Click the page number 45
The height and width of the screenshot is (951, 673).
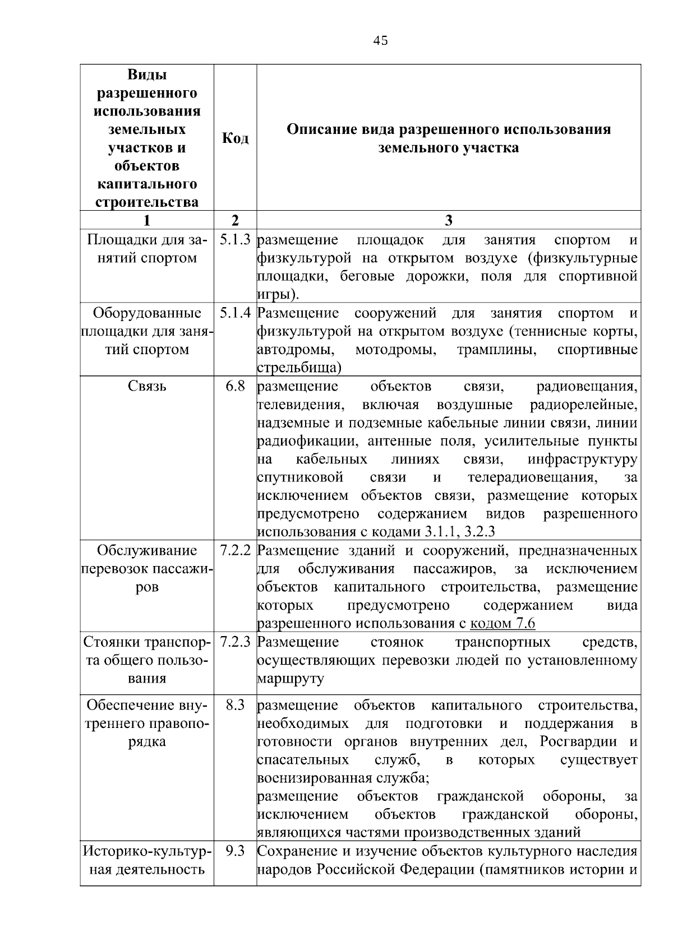tap(380, 40)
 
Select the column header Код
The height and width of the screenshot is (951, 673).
tap(235, 138)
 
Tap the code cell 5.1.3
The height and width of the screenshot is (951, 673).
tap(235, 240)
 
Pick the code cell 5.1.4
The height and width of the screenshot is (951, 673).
tap(235, 313)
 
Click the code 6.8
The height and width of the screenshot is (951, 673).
tap(235, 386)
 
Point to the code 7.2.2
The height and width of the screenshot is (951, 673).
tap(235, 550)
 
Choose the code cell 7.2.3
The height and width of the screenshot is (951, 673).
tap(235, 642)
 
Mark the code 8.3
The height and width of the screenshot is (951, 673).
tap(235, 705)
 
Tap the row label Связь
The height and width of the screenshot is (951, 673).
tap(147, 386)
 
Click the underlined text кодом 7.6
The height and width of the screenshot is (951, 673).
tap(503, 624)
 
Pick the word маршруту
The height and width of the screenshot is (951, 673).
tap(291, 679)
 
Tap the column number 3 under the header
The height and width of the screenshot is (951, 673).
tap(448, 220)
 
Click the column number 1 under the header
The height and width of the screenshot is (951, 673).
tap(147, 220)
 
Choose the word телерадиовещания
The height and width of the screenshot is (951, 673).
tap(532, 477)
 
